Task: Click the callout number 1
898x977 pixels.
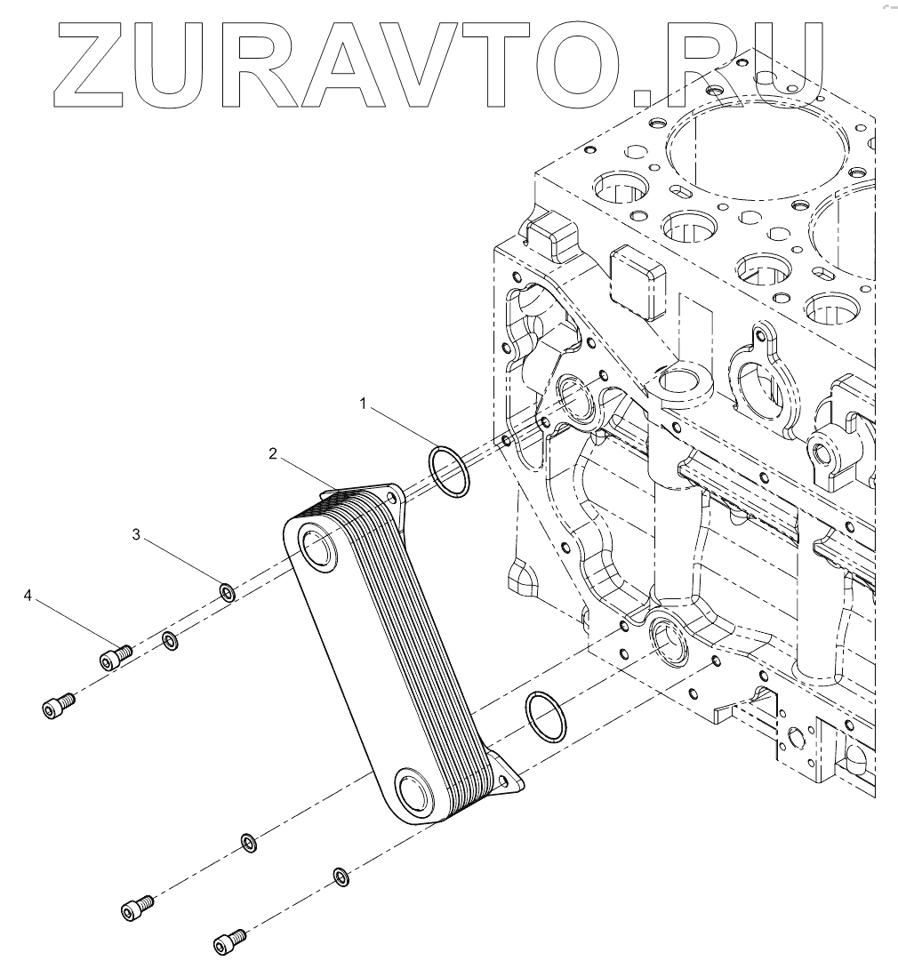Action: coord(363,404)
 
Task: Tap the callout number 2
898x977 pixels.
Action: coord(274,455)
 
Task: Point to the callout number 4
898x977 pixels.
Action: coord(28,596)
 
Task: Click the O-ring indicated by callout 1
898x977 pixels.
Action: coord(449,471)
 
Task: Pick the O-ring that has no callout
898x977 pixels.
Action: coord(543,717)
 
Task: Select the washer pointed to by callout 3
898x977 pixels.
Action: coord(227,591)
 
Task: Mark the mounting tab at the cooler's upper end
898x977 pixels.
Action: coord(392,498)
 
